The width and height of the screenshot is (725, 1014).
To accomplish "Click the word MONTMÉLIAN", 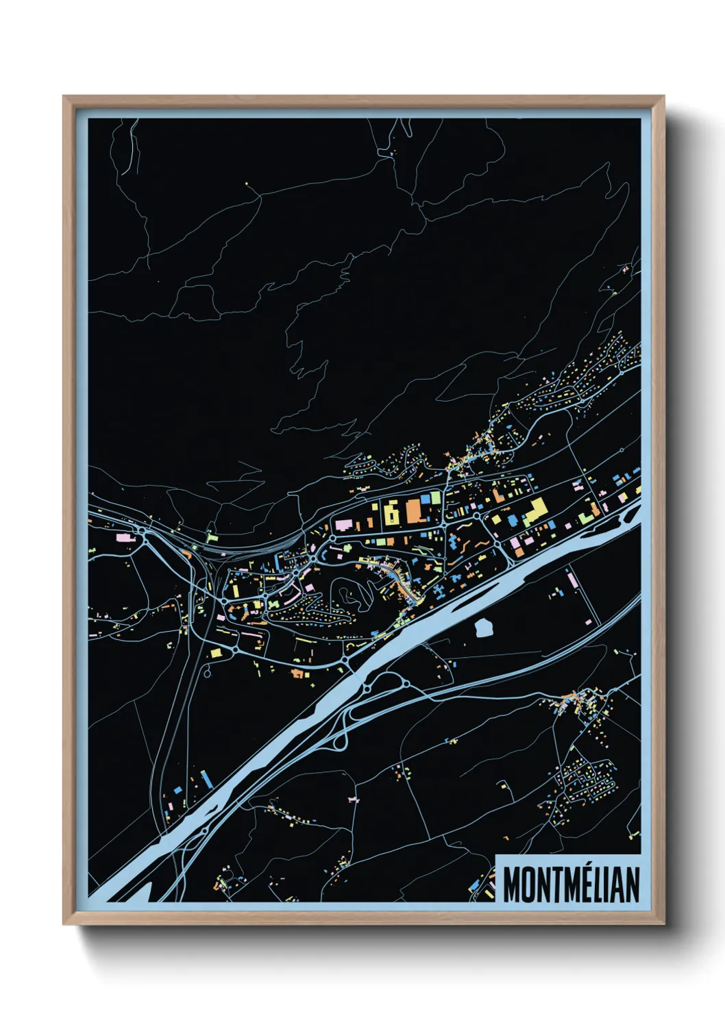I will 571,885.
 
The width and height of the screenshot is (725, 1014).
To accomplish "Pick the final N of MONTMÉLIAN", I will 632,885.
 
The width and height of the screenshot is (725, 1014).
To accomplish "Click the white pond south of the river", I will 484,626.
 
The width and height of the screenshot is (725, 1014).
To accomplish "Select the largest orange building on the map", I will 415,511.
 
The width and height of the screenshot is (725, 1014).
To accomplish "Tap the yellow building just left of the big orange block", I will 391,512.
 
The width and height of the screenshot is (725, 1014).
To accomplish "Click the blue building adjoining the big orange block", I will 426,499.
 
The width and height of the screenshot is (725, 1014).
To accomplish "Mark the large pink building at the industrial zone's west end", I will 343,525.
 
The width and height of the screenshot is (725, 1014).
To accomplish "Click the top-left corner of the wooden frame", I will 64,97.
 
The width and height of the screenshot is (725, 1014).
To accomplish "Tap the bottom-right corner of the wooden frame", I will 663,924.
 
